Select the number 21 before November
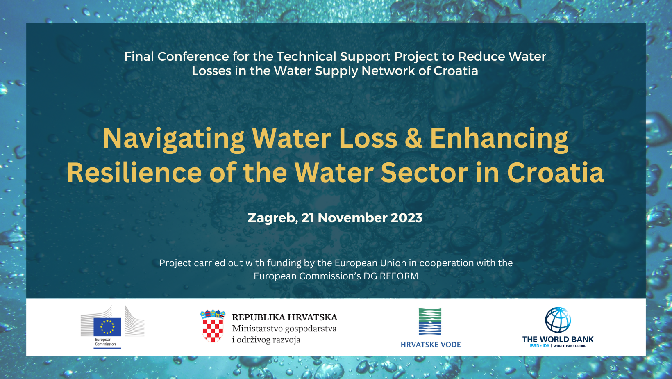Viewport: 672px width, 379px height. tap(307, 218)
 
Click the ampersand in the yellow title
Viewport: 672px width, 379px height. tap(413, 138)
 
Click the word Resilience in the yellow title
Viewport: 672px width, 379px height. tap(134, 173)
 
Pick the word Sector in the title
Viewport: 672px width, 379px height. tap(424, 173)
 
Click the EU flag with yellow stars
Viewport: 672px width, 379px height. tap(107, 327)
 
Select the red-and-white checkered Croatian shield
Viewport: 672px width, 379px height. tap(213, 329)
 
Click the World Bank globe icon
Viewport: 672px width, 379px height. tap(558, 320)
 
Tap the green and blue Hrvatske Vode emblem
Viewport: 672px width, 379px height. tap(430, 321)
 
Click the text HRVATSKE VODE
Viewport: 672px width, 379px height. tap(431, 345)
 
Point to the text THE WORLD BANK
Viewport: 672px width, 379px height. tap(558, 339)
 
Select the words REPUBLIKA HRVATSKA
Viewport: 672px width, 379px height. tap(285, 317)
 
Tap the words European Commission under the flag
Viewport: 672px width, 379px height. tap(105, 342)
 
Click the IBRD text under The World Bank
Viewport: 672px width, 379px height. tap(534, 346)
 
